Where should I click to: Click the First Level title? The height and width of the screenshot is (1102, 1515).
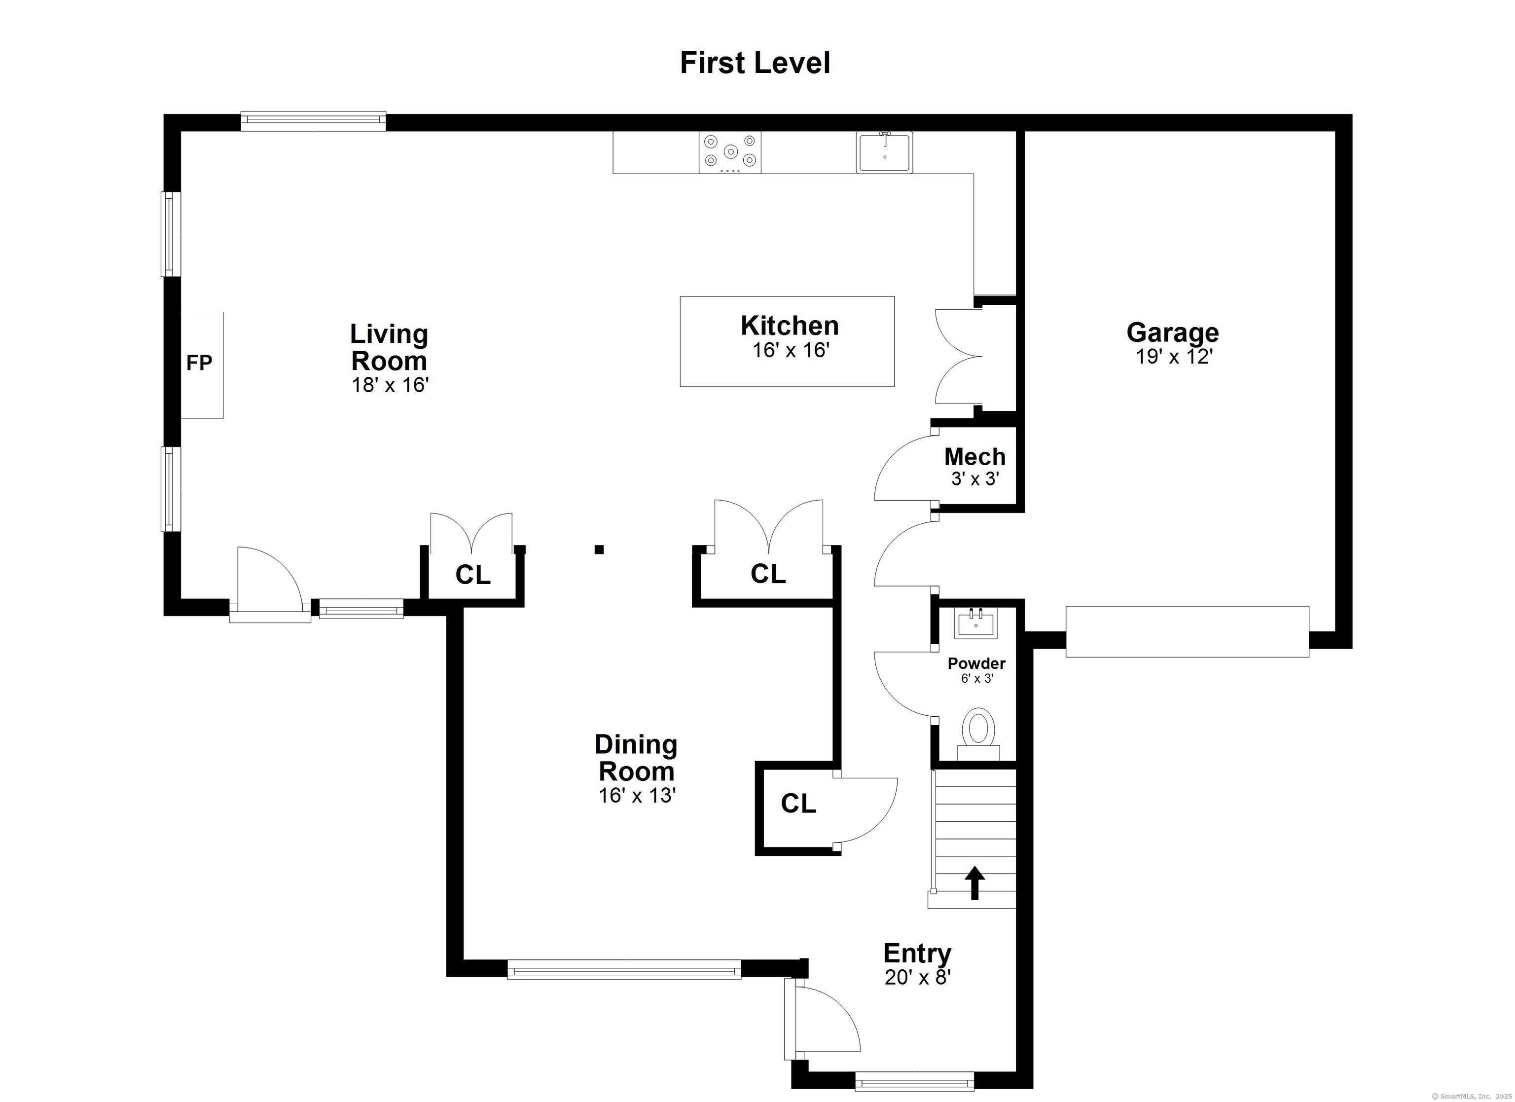[x=755, y=63]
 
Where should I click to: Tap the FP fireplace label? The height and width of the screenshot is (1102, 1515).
[x=199, y=363]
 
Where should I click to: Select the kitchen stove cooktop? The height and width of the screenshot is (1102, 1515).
[x=730, y=153]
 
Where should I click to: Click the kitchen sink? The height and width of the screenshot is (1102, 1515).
[x=884, y=152]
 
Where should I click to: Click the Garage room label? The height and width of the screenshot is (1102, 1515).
[x=1172, y=332]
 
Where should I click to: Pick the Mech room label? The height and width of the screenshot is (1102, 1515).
[x=974, y=457]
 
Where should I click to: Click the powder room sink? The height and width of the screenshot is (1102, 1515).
[x=976, y=624]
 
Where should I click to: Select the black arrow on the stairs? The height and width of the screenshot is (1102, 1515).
[x=974, y=883]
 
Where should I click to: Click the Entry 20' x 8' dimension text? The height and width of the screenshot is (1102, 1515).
[x=917, y=978]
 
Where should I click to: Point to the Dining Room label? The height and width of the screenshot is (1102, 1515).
[x=636, y=758]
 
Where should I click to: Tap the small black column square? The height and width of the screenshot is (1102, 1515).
[x=599, y=550]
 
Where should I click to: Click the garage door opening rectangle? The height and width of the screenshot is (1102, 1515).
[x=1187, y=631]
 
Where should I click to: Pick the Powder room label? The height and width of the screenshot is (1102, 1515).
[x=976, y=663]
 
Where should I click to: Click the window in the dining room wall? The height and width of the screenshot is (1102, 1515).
[x=624, y=970]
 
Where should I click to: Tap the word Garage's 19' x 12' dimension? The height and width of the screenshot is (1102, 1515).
[x=1174, y=357]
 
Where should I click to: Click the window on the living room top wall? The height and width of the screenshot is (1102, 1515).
[x=313, y=121]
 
